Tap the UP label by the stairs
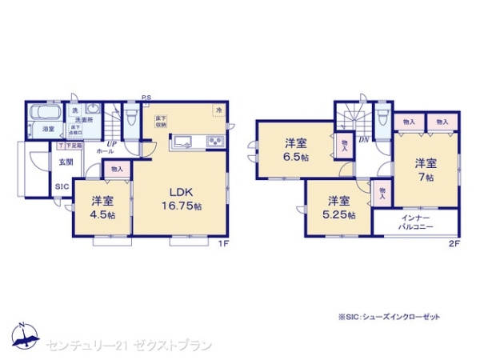click(113, 143)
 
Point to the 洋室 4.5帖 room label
click(100, 206)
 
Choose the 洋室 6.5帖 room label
click(296, 150)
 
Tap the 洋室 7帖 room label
click(425, 170)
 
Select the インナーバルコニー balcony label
click(416, 222)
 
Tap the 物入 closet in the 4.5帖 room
click(117, 169)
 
